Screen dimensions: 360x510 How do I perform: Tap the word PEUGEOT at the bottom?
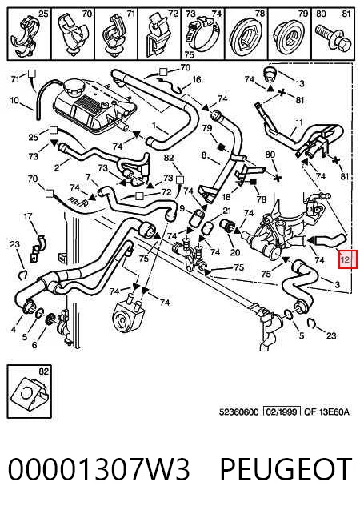point(286,469)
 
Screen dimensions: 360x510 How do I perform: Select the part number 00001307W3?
point(98,469)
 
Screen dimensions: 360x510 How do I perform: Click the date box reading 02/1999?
point(282,412)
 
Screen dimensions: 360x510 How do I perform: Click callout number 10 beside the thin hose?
point(14,100)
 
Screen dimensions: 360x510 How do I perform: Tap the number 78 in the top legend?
point(260,14)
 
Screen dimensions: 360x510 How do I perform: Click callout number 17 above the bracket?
point(28,215)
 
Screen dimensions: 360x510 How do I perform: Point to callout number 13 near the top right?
point(300,83)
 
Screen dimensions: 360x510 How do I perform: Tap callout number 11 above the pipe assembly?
point(299,122)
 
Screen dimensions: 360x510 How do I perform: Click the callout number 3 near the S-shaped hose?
point(337,284)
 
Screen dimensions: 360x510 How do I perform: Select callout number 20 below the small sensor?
point(235,252)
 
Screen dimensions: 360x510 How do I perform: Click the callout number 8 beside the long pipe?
point(204,155)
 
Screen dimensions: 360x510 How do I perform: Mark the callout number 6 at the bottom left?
point(34,345)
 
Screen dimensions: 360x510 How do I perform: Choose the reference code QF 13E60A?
point(326,412)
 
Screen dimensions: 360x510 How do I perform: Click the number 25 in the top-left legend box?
point(43,14)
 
